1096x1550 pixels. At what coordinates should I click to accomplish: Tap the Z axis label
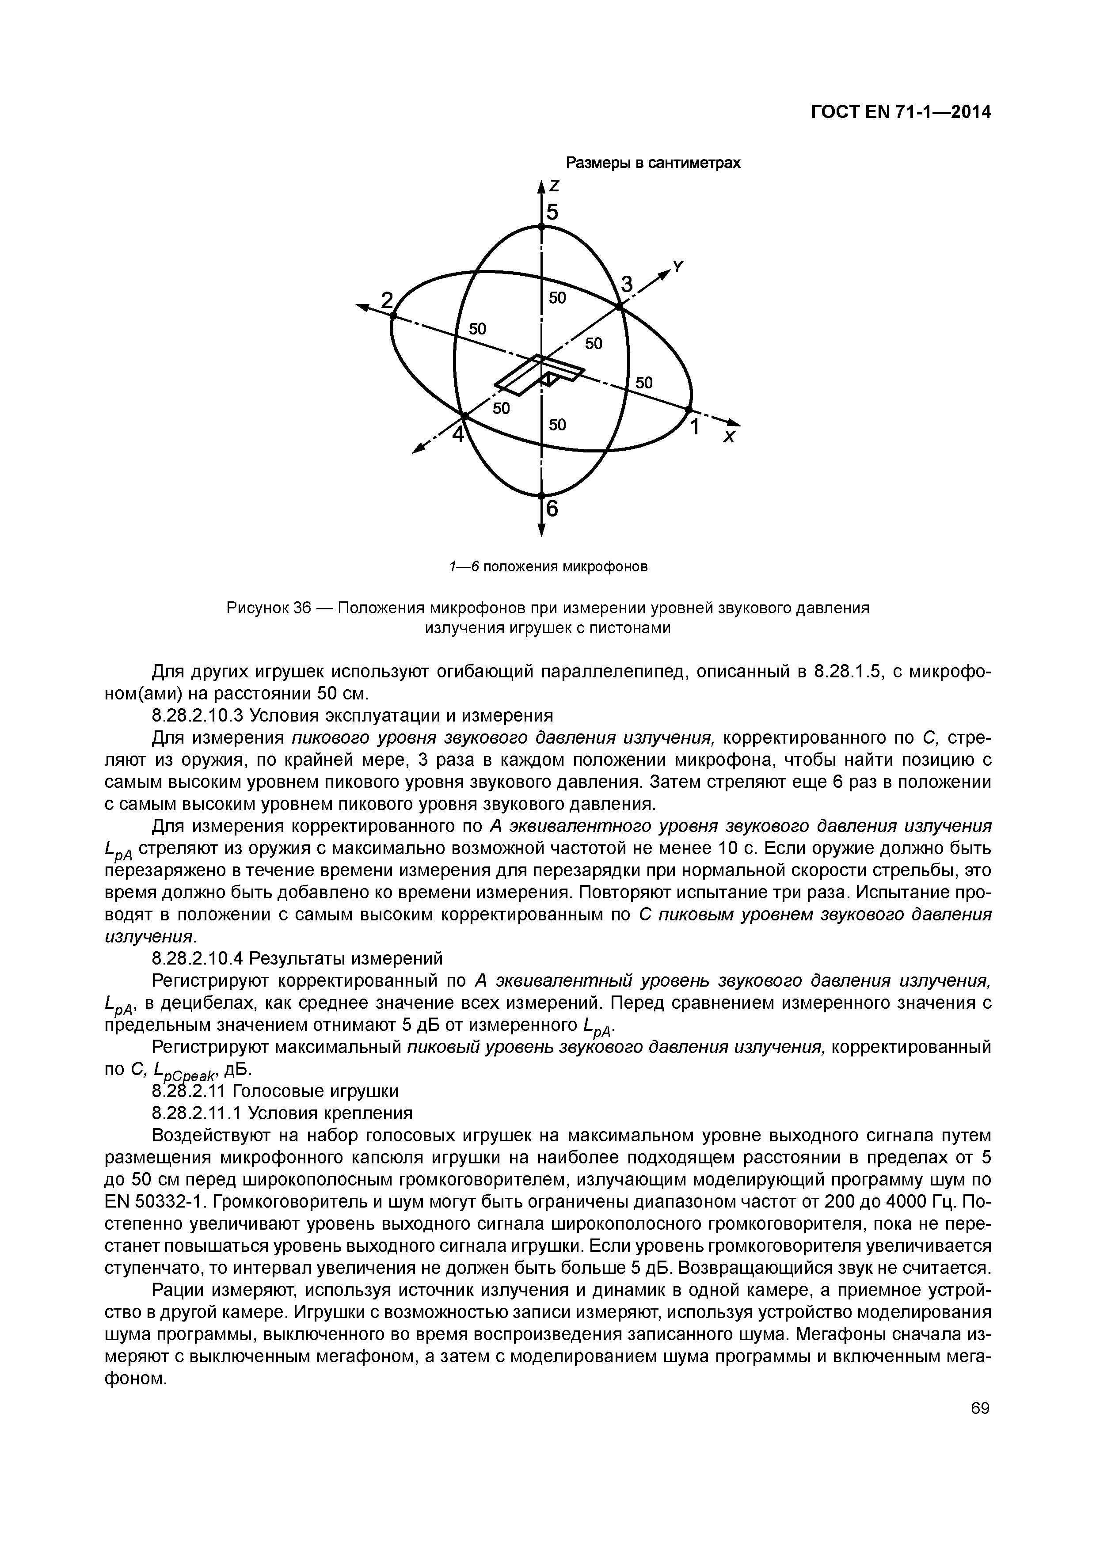(x=555, y=186)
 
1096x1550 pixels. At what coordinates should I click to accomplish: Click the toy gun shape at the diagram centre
(x=540, y=375)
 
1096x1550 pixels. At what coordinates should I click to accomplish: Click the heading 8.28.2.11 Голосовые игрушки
(x=275, y=1091)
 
